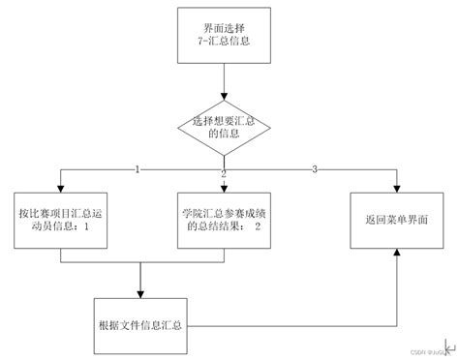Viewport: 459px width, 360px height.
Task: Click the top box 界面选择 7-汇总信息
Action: pos(226,35)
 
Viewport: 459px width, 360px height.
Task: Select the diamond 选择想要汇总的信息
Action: pos(226,126)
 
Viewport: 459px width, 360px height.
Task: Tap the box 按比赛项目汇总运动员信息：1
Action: pos(60,221)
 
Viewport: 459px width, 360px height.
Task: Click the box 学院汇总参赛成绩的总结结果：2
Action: pos(226,221)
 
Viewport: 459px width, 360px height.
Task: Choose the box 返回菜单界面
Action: pos(395,221)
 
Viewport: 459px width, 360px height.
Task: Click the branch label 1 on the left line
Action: pos(138,170)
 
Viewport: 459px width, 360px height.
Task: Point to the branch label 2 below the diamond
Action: pos(224,173)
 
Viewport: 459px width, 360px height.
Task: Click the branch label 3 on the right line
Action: pos(314,170)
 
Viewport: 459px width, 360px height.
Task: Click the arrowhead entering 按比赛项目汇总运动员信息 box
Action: pos(60,188)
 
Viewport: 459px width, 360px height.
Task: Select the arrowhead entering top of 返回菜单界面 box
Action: pos(395,188)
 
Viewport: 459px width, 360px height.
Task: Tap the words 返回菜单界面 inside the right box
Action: pos(395,221)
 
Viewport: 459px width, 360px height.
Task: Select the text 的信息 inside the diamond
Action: pos(226,135)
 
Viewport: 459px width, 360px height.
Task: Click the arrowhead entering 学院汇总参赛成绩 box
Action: pos(226,188)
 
